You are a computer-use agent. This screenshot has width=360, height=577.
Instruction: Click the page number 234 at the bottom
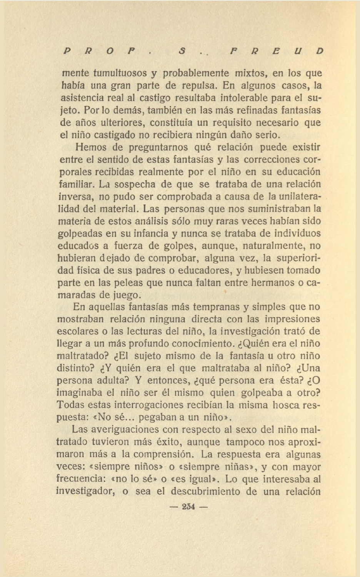(x=188, y=507)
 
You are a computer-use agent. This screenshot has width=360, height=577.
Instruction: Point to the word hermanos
(x=273, y=283)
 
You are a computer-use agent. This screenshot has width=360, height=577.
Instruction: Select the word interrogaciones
(x=161, y=405)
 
